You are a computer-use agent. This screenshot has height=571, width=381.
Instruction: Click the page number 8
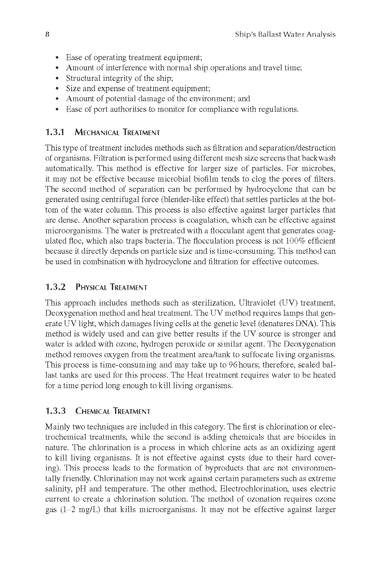[x=47, y=34]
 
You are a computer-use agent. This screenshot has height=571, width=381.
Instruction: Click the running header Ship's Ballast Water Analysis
[x=285, y=34]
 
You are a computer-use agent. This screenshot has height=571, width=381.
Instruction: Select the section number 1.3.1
[x=55, y=133]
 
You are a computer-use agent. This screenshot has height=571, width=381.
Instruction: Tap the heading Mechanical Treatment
[x=117, y=133]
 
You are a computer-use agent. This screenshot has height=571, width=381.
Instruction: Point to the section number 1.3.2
[x=55, y=287]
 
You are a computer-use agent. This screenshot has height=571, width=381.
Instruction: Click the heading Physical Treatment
[x=111, y=288]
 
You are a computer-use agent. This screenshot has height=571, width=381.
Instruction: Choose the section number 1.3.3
[x=55, y=411]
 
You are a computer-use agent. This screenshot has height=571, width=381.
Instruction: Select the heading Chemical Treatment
[x=113, y=411]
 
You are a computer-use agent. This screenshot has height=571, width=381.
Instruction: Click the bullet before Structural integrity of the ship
[x=57, y=78]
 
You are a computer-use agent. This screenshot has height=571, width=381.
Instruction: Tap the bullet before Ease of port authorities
[x=57, y=109]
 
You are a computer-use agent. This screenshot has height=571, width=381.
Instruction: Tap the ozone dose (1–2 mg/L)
[x=79, y=510]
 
